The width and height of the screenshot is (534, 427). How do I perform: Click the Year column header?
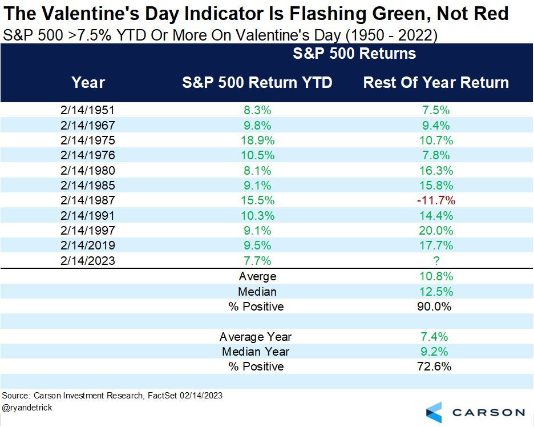88,82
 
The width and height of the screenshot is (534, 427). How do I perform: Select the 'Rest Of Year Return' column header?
436,82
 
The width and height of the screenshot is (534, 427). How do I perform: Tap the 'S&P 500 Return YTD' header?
257,82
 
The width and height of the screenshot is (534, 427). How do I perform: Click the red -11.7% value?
436,200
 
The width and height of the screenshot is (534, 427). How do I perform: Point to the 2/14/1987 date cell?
88,200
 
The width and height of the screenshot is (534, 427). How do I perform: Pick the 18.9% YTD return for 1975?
257,140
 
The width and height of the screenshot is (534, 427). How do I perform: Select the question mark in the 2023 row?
436,261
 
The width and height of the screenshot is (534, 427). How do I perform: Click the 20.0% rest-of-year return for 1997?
436,231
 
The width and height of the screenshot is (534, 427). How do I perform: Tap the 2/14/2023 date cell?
88,261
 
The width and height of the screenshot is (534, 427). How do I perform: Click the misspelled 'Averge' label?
257,276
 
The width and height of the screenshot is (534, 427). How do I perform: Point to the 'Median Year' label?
256,352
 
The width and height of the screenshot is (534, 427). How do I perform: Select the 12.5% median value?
436,291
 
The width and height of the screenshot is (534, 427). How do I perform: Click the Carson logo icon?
435,412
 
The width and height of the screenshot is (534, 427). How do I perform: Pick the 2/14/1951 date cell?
88,110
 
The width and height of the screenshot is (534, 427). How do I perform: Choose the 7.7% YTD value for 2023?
257,261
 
